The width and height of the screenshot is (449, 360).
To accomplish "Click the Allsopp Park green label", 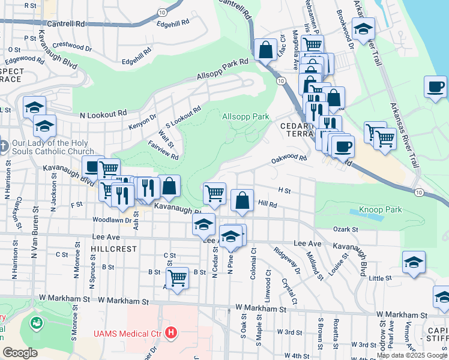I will [246, 116].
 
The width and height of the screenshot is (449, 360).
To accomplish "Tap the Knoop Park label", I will [380, 209].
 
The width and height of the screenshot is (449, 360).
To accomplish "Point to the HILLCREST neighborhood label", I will [110, 248].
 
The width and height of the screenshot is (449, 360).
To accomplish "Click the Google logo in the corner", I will [20, 352].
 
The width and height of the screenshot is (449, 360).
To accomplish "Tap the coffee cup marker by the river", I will [435, 87].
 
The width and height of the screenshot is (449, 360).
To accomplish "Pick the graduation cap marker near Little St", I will [414, 262].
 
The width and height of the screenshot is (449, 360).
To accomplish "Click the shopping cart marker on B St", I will [177, 278].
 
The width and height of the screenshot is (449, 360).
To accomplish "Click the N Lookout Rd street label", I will [103, 113].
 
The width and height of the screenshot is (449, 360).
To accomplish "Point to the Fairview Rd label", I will [164, 150].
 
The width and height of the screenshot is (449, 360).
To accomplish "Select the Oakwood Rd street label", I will [289, 158].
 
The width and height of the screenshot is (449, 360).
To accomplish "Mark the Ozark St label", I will [346, 229].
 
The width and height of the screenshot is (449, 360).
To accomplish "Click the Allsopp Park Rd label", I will [223, 70].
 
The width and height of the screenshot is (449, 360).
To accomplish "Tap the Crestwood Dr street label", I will [71, 46].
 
